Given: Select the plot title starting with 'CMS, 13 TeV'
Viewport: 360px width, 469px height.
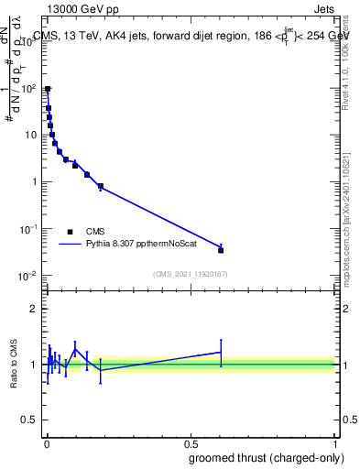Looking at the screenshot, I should [x=188, y=36].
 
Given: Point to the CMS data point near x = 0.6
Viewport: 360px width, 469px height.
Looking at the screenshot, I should [x=221, y=249].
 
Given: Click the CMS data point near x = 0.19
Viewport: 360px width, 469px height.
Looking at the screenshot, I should [x=101, y=187].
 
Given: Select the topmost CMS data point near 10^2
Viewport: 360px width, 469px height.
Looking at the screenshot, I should [x=48, y=89].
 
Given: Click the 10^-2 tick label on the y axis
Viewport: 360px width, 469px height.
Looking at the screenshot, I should [x=30, y=276].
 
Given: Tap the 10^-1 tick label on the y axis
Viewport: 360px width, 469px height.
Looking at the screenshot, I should [x=30, y=229].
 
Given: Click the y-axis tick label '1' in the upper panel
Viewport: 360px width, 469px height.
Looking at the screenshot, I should [x=35, y=181].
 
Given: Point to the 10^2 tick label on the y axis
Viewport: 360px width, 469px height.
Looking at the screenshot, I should [x=30, y=88].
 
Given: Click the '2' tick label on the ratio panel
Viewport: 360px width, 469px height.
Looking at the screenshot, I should [x=34, y=309].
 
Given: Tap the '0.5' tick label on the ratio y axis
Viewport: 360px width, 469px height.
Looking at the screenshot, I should [x=30, y=421].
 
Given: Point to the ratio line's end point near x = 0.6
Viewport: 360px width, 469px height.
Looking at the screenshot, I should [x=221, y=352].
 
